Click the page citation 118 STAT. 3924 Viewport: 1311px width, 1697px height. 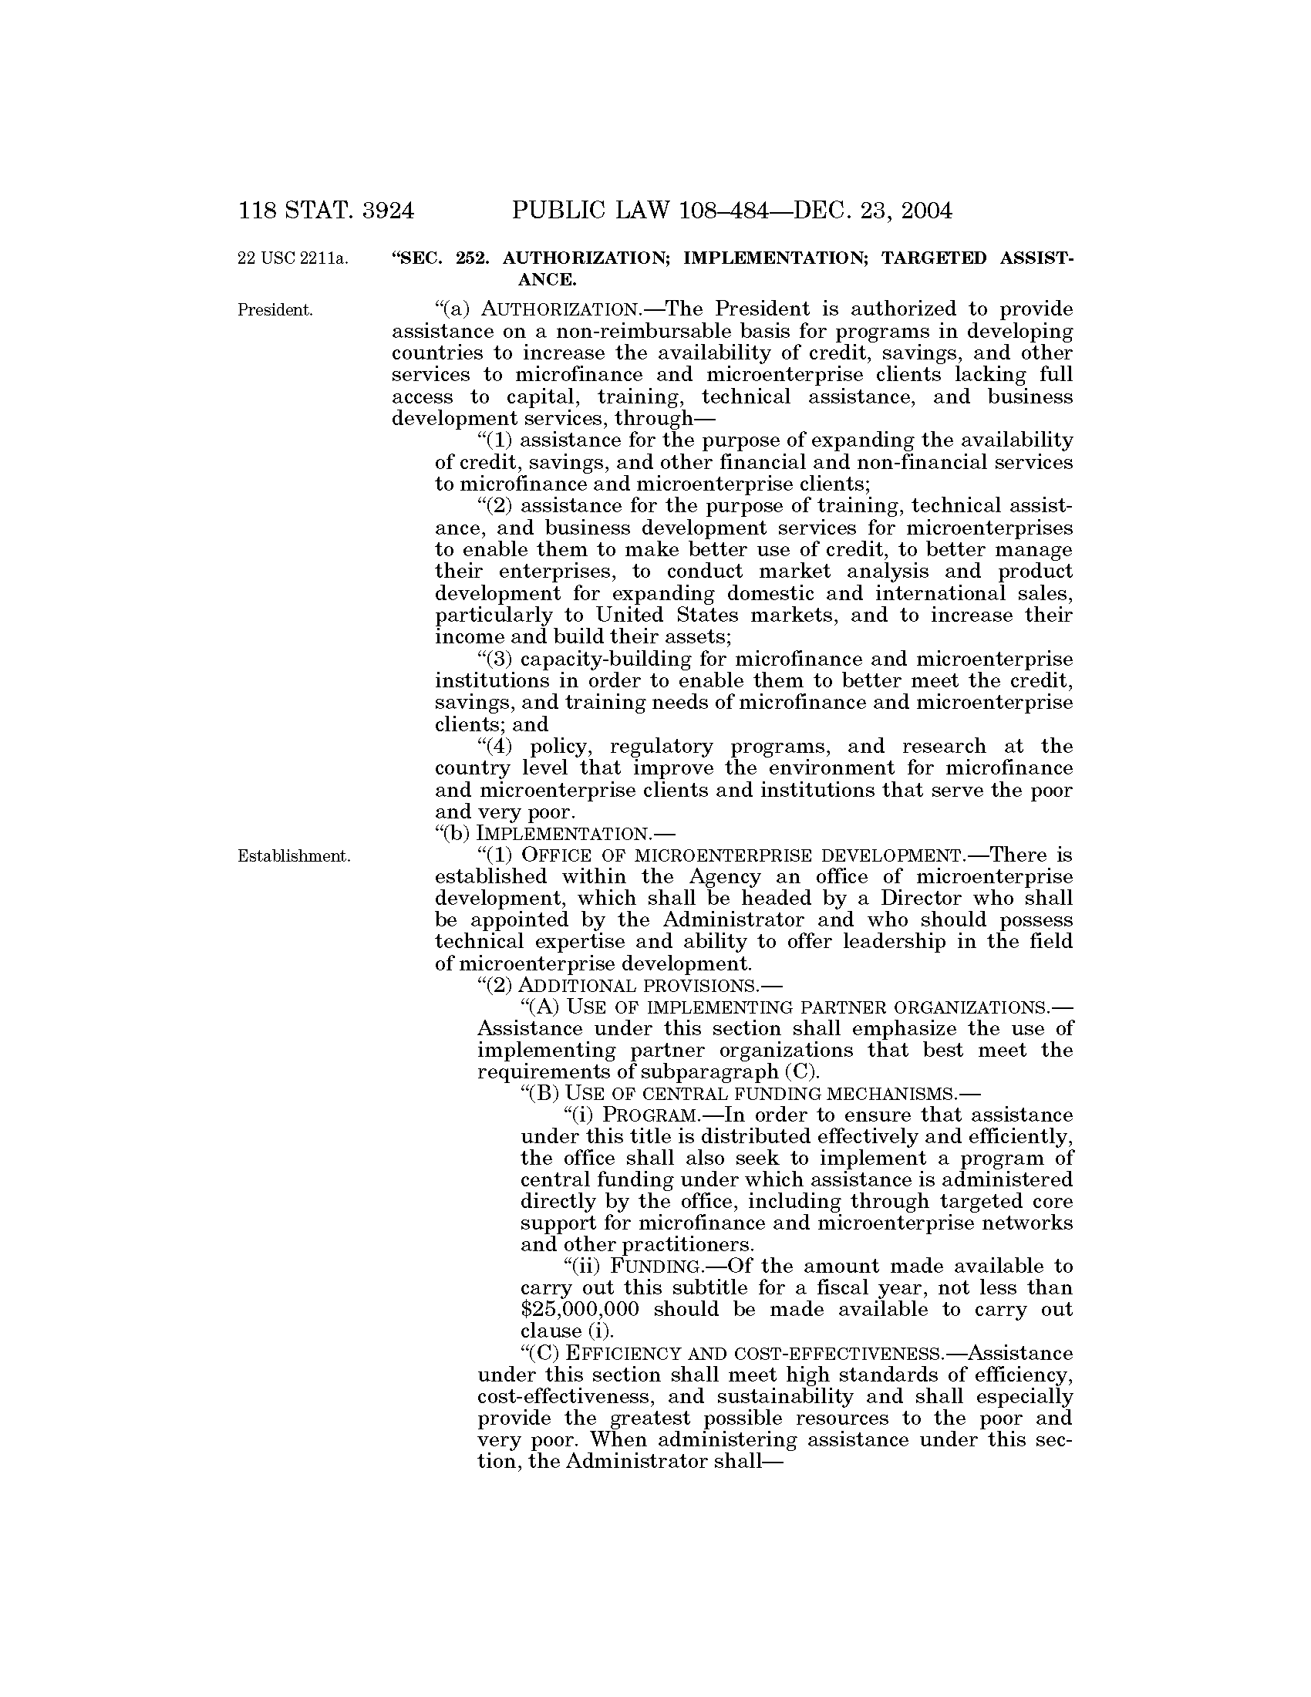click(x=326, y=211)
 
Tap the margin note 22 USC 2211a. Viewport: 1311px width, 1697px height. click(x=292, y=257)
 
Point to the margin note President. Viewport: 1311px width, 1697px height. click(x=275, y=310)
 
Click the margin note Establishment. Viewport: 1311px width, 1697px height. click(x=294, y=856)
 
